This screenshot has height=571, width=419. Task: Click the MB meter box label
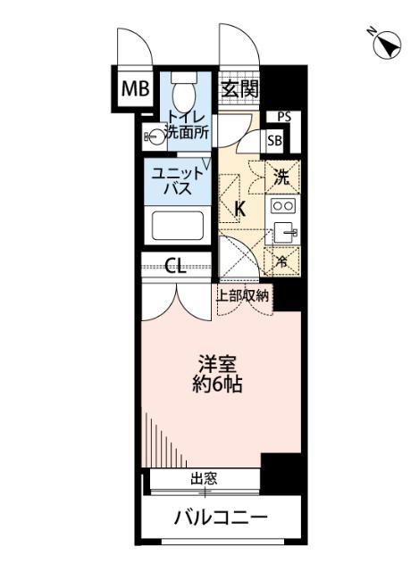pos(137,88)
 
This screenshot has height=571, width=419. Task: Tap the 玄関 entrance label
pos(239,88)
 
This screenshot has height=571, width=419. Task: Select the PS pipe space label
pos(284,116)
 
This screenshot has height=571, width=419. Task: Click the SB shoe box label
pos(275,141)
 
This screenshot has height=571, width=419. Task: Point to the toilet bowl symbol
pos(184,93)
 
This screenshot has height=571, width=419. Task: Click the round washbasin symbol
pos(156,137)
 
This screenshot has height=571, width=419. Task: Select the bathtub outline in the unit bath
pos(180,224)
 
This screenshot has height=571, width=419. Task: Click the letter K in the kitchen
pos(239,210)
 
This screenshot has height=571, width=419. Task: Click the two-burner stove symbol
pos(283,206)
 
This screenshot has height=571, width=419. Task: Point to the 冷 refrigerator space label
pos(282,261)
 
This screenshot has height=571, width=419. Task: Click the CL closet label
pos(178,265)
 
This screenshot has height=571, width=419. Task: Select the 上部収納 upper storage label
pos(243,296)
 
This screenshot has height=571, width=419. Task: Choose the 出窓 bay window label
pos(204,479)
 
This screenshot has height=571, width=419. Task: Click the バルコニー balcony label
pos(221,517)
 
